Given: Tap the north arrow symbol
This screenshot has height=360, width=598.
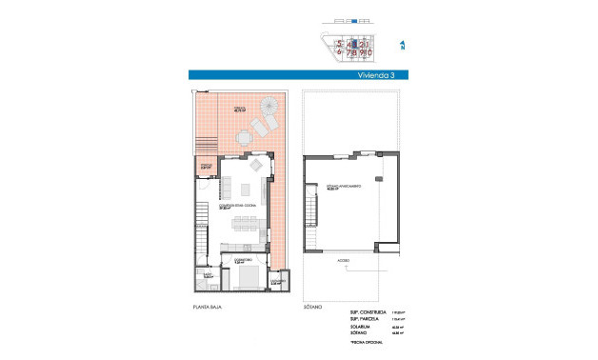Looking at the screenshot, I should point(402,45).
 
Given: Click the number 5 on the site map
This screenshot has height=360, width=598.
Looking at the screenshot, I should point(340,43).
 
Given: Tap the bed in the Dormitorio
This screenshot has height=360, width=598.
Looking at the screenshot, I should point(249,277).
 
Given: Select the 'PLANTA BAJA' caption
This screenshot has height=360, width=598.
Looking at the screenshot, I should point(209,308).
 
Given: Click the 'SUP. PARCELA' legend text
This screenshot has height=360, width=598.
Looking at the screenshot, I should point(365,319).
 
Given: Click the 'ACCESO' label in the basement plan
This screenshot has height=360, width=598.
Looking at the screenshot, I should point(342,258).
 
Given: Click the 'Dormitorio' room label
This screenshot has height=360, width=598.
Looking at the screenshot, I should point(243,259).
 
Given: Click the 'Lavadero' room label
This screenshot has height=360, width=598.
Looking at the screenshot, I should point(276,282).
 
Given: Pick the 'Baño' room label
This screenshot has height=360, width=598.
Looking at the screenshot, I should point(207,275).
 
